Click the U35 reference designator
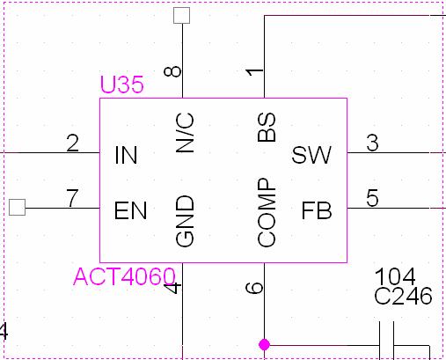[x=122, y=84]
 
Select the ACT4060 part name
[x=124, y=276]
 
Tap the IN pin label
[x=126, y=155]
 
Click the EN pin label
[x=130, y=210]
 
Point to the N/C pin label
[x=185, y=133]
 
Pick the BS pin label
[x=267, y=128]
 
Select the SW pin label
[x=311, y=155]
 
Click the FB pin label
[x=317, y=210]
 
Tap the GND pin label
[x=185, y=221]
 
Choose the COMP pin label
[x=267, y=212]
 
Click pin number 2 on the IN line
[x=72, y=143]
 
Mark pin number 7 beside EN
[x=72, y=198]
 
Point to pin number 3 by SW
[x=372, y=143]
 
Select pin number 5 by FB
[x=372, y=198]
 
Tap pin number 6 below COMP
[x=254, y=288]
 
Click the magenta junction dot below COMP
[x=264, y=344]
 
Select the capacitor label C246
[x=403, y=296]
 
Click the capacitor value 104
[x=395, y=276]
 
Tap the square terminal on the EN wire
[x=17, y=207]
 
